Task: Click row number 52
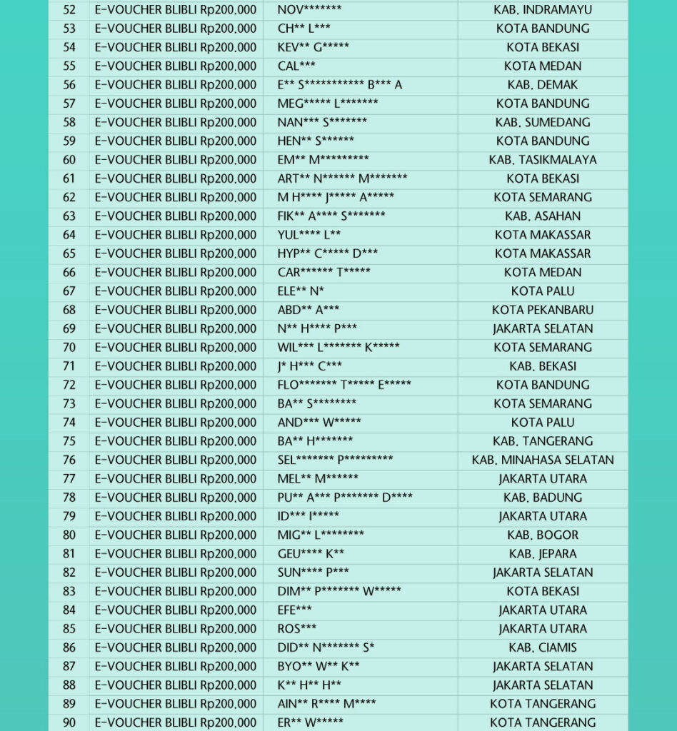click(x=69, y=10)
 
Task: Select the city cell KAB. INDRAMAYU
click(x=543, y=10)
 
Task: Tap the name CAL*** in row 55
click(x=296, y=66)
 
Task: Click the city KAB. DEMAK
click(x=543, y=85)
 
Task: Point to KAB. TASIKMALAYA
click(x=543, y=160)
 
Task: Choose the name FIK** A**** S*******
click(x=331, y=216)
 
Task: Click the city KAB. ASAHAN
click(x=543, y=216)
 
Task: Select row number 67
click(x=69, y=291)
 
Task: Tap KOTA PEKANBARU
click(x=543, y=310)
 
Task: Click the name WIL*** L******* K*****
click(x=338, y=348)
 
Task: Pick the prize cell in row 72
click(x=176, y=385)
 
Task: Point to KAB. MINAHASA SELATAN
click(x=543, y=460)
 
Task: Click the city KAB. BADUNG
click(x=543, y=498)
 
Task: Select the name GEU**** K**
click(x=311, y=554)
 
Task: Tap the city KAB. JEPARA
click(x=543, y=554)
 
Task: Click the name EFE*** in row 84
click(x=294, y=610)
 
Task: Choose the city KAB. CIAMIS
click(x=543, y=647)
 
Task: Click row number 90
click(x=69, y=722)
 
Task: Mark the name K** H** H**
click(x=309, y=685)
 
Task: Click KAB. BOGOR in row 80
click(x=543, y=535)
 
